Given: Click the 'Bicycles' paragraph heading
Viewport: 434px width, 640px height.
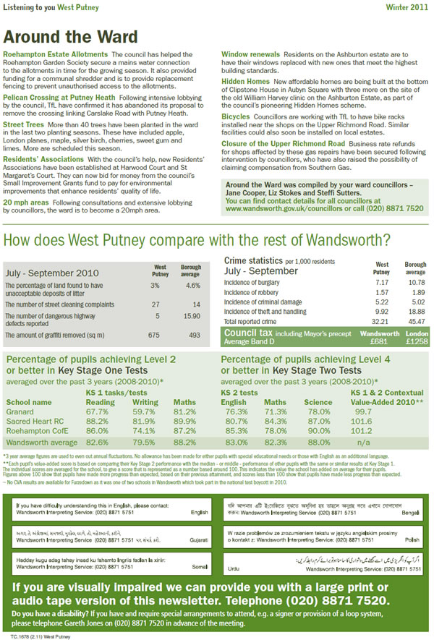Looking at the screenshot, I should tap(237, 115).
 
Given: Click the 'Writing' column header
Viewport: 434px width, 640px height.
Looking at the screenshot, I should tap(145, 401).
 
